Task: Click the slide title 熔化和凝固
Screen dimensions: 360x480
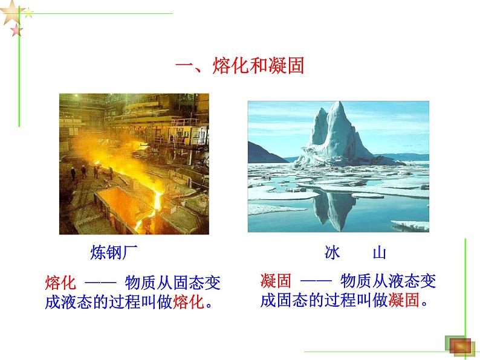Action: click(x=239, y=65)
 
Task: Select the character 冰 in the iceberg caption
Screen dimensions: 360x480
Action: click(x=332, y=252)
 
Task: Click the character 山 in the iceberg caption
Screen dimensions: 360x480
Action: click(x=379, y=252)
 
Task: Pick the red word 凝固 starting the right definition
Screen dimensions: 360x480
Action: click(x=276, y=281)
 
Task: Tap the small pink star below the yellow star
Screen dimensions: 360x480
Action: click(x=16, y=30)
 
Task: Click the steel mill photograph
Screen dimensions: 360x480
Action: click(x=134, y=164)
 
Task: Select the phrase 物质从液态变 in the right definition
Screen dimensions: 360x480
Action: click(x=388, y=281)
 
